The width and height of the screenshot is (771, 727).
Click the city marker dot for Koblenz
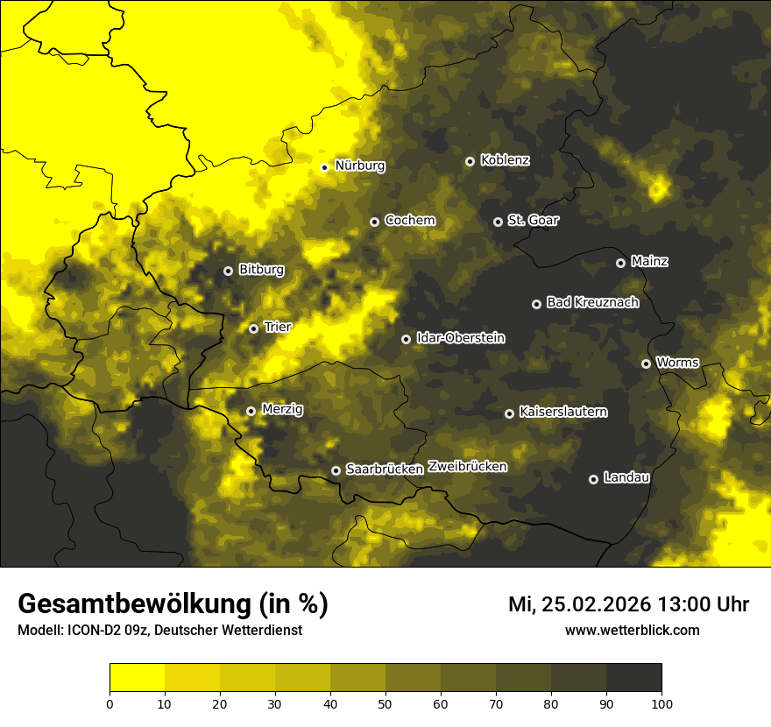[x=470, y=161]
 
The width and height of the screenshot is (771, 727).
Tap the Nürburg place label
[x=359, y=165]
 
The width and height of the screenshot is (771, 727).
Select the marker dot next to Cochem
[x=374, y=222]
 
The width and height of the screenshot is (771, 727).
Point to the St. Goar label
[x=533, y=220]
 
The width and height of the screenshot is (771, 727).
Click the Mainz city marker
[x=620, y=263]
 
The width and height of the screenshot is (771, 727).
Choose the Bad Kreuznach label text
[x=592, y=302]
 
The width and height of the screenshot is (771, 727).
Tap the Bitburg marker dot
[x=228, y=271]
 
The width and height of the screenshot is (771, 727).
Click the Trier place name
[x=277, y=327]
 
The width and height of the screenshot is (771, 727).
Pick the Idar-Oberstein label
[x=460, y=338]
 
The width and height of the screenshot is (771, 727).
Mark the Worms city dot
[x=646, y=363]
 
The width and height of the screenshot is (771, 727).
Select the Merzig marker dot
[x=251, y=411]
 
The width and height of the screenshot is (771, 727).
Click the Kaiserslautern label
[x=562, y=412]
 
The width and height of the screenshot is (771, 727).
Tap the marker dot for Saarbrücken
[x=336, y=470]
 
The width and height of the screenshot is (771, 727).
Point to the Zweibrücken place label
[x=467, y=467]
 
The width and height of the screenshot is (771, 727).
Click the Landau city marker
[x=593, y=479]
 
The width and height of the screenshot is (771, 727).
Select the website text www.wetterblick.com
[x=632, y=630]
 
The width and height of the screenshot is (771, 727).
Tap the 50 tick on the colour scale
[x=385, y=703]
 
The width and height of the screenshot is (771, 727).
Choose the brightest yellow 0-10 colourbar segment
[x=137, y=677]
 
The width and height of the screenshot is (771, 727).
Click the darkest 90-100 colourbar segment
[x=633, y=677]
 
